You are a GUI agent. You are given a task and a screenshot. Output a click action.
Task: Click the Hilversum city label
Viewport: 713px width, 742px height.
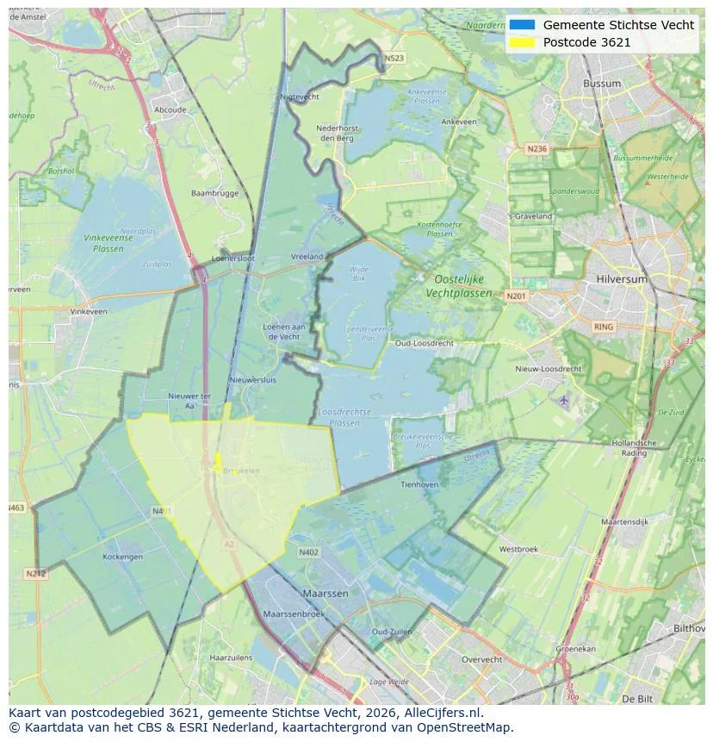click(622, 279)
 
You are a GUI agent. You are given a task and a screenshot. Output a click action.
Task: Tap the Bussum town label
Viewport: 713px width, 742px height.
click(602, 84)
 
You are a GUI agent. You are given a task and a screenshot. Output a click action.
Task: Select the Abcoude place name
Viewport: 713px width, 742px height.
click(170, 109)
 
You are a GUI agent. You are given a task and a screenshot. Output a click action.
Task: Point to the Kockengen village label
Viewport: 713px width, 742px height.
click(122, 557)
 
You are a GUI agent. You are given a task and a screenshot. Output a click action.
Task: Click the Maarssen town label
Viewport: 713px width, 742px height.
click(325, 594)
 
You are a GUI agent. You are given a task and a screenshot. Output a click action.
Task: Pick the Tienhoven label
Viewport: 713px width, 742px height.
click(419, 484)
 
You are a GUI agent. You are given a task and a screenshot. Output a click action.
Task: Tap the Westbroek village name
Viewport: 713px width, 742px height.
click(518, 549)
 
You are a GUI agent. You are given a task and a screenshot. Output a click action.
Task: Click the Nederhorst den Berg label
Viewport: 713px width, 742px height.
click(338, 133)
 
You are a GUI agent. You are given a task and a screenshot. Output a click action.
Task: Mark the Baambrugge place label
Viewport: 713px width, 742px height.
click(214, 193)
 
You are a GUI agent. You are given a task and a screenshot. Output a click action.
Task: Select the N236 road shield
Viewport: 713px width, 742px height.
click(536, 149)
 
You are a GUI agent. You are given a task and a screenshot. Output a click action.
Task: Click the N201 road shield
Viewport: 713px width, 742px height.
click(516, 296)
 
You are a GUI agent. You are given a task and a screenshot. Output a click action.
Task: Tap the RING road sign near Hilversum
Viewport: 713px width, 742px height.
click(604, 327)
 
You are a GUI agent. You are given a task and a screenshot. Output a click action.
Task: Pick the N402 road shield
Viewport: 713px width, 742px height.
click(308, 552)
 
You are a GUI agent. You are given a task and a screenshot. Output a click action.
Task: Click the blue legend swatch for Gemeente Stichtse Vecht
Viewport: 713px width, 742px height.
click(521, 25)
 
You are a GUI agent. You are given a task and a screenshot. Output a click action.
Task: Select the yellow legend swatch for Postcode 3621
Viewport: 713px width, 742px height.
click(521, 42)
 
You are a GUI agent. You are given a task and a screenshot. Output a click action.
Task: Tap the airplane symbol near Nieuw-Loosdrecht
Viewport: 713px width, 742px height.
click(564, 401)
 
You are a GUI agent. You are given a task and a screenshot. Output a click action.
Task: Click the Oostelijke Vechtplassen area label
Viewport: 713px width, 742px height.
click(459, 286)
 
